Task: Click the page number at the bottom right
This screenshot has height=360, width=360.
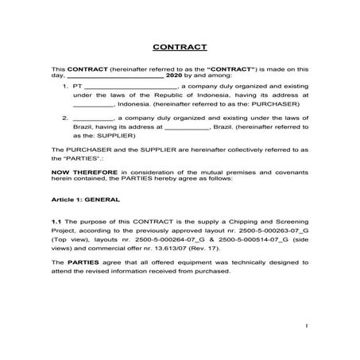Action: [306, 326]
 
